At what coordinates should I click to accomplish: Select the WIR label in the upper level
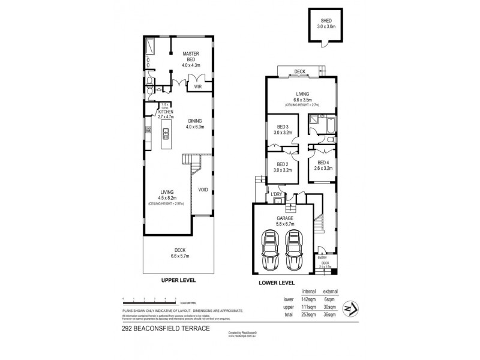coord(197,86)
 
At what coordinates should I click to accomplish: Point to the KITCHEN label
coord(165,112)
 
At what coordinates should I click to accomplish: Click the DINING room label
coord(196,120)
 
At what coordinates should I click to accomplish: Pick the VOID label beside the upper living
coord(203,190)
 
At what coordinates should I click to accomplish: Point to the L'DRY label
coord(277,194)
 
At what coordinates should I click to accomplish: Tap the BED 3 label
coord(284,127)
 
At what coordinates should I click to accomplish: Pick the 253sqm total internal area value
coord(308,314)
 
